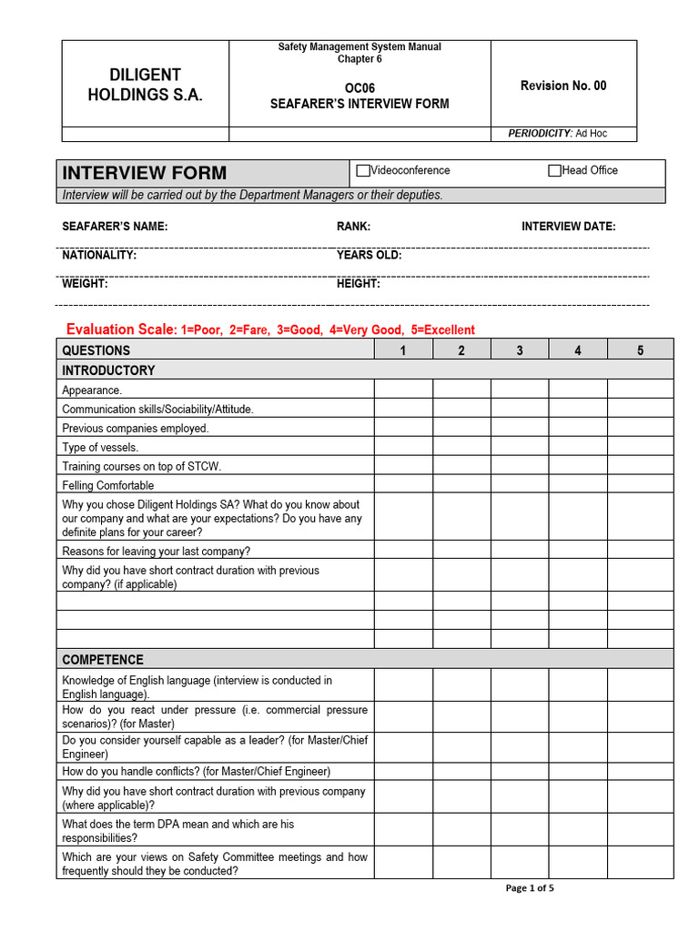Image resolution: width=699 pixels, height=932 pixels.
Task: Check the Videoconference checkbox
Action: tap(364, 171)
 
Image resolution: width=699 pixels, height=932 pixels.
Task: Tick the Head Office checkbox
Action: tap(554, 171)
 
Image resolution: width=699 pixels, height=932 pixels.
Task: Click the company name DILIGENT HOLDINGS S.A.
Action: tap(145, 85)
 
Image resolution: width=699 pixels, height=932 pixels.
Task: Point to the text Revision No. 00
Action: tap(562, 86)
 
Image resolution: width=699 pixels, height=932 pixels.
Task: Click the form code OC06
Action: tap(360, 88)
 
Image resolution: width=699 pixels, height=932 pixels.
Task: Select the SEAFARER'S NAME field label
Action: tap(115, 227)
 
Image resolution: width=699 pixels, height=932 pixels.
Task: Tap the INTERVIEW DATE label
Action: tap(568, 227)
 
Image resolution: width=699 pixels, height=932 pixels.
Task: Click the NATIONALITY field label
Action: tap(99, 255)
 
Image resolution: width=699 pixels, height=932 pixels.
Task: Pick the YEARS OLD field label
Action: tap(369, 255)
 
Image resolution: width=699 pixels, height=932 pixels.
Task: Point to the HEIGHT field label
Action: tap(359, 284)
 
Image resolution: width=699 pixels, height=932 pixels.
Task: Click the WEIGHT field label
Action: tap(85, 284)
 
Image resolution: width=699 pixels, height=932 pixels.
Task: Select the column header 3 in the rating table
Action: tap(520, 350)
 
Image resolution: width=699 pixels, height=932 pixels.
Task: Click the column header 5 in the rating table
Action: tap(640, 350)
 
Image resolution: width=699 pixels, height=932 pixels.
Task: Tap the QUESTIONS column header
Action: tap(96, 350)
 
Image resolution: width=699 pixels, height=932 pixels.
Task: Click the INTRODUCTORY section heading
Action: tap(108, 370)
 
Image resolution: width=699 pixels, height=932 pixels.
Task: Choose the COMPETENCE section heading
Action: tap(103, 660)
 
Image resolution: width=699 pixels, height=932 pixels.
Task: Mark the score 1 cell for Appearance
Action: tap(403, 390)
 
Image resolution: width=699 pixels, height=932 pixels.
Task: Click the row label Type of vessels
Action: tap(100, 447)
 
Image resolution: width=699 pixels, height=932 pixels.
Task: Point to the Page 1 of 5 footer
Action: tap(530, 888)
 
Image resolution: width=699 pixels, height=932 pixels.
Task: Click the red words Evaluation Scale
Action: tap(121, 329)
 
